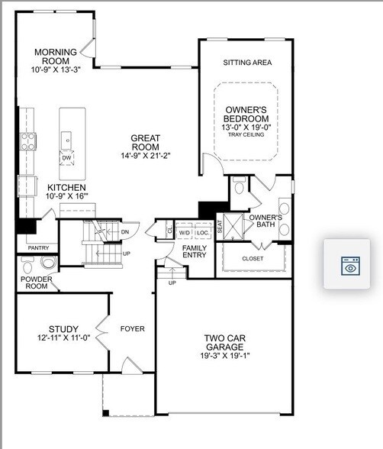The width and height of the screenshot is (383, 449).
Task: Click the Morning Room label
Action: click(52, 56)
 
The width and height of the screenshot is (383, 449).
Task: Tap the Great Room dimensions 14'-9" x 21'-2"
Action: click(145, 156)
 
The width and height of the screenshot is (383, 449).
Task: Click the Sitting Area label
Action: click(247, 63)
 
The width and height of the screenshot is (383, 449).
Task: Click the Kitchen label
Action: click(66, 187)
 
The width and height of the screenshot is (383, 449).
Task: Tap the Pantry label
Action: click(38, 247)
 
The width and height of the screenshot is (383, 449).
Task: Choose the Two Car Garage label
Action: click(224, 343)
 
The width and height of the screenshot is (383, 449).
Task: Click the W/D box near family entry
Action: click(185, 232)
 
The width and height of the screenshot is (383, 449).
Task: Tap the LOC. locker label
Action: click(202, 232)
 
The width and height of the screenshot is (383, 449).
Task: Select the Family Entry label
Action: click(193, 252)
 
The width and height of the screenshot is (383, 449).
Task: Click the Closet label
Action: click(253, 258)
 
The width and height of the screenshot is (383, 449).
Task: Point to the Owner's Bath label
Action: click(266, 221)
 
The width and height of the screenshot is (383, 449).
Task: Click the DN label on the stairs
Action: click(124, 231)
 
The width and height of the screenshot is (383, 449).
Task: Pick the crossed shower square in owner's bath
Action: click(233, 225)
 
